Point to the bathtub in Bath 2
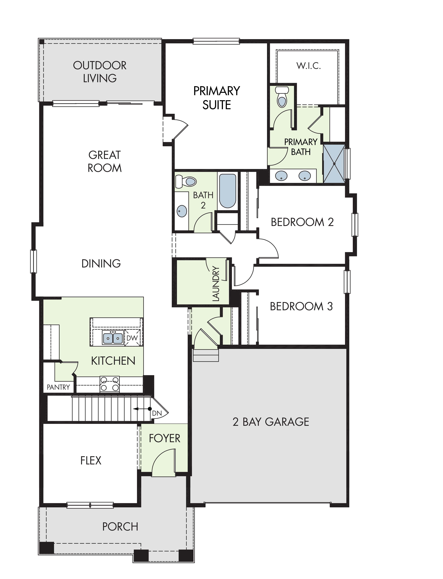(x=228, y=191)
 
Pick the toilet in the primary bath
(x=282, y=97)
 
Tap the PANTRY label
(x=58, y=387)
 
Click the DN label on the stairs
(x=157, y=413)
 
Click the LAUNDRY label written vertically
(x=216, y=284)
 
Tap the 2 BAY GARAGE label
(x=271, y=422)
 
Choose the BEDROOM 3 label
(x=301, y=306)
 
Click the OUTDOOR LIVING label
(x=100, y=72)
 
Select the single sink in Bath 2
(x=182, y=211)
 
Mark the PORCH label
(x=120, y=527)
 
